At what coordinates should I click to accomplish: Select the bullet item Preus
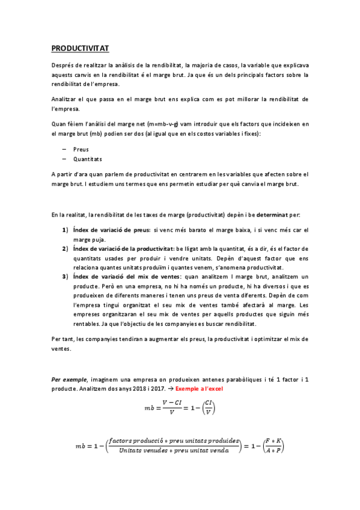pyautogui.click(x=81, y=149)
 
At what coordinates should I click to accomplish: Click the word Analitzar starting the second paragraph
pyautogui.click(x=65, y=98)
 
